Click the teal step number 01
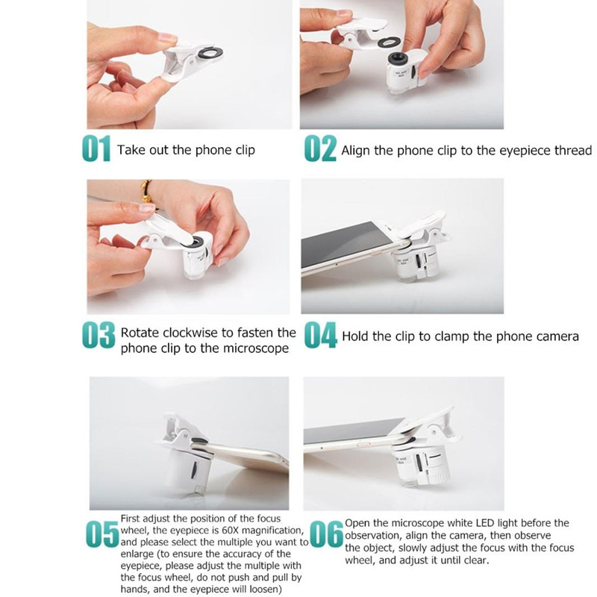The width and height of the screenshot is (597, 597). [x=97, y=149]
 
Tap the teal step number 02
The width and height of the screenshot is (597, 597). [x=320, y=148]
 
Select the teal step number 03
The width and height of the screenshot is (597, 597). [x=99, y=335]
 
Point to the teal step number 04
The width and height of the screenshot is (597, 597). [x=321, y=335]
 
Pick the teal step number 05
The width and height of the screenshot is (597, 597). [x=102, y=534]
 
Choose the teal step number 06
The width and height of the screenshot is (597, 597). [x=327, y=534]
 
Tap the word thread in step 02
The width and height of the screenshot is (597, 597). [x=573, y=151]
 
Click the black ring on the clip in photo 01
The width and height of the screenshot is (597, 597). [x=210, y=52]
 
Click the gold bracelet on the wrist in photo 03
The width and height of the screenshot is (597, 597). [x=146, y=191]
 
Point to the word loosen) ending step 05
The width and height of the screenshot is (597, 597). [x=266, y=590]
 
